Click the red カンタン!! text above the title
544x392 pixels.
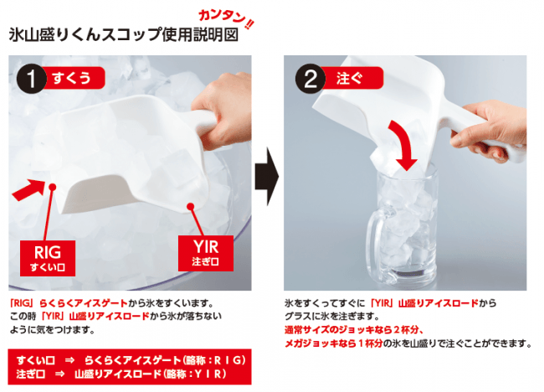tap(226, 19)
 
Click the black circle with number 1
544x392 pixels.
tap(31, 79)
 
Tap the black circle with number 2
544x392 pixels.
tap(310, 79)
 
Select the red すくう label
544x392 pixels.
tap(74, 78)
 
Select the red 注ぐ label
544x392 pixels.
tap(352, 78)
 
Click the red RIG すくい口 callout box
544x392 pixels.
tap(48, 258)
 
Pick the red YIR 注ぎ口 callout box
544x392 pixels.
tap(206, 253)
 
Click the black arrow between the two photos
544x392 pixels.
tap(267, 176)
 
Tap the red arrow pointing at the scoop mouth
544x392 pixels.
tap(29, 189)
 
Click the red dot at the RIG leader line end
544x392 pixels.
tap(53, 188)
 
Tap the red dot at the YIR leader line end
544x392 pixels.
tap(190, 207)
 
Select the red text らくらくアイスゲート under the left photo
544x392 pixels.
tap(84, 303)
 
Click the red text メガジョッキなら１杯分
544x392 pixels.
tap(334, 343)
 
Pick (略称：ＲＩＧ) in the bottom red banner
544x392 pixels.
tap(213, 360)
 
